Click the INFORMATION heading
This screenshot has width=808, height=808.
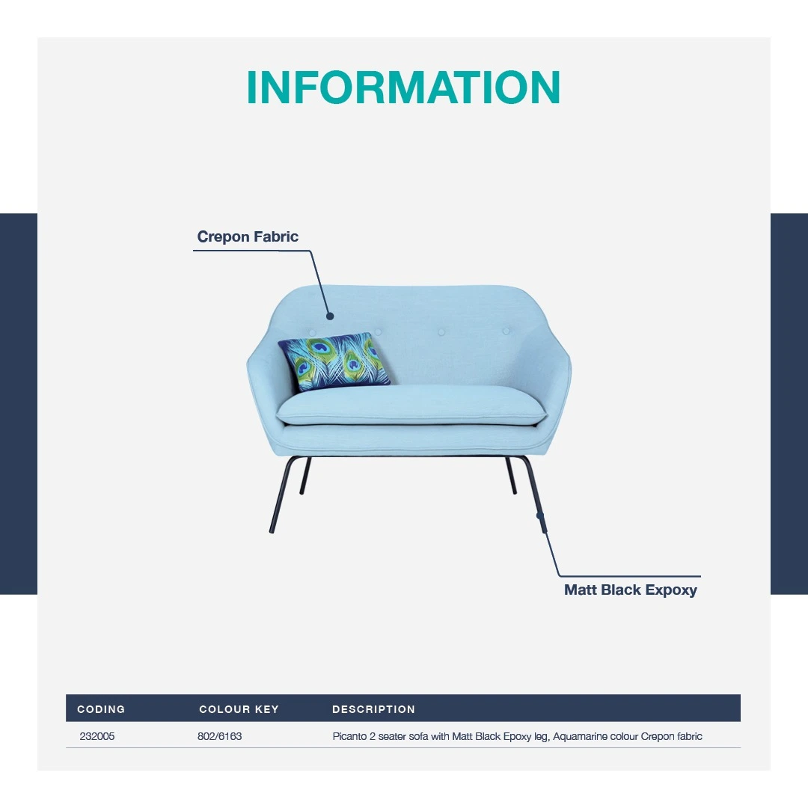pyautogui.click(x=403, y=87)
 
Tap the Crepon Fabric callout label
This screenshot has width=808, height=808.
pyautogui.click(x=248, y=236)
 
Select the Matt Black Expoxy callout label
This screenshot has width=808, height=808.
pyautogui.click(x=630, y=590)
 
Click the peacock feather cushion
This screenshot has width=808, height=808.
pyautogui.click(x=334, y=361)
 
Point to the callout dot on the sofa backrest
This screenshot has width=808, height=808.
pyautogui.click(x=330, y=316)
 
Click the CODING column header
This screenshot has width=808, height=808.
pyautogui.click(x=101, y=709)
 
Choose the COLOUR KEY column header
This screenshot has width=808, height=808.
pyautogui.click(x=239, y=709)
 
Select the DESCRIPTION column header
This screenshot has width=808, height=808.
pyautogui.click(x=373, y=709)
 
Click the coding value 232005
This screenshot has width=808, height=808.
pyautogui.click(x=97, y=736)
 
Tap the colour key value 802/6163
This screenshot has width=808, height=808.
pyautogui.click(x=219, y=736)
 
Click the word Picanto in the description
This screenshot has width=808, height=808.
pyautogui.click(x=349, y=736)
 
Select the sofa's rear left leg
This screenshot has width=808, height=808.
pyautogui.click(x=305, y=476)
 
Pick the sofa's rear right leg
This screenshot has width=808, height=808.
pyautogui.click(x=511, y=476)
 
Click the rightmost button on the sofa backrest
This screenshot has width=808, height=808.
pyautogui.click(x=506, y=331)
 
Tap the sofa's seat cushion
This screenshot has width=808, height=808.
pyautogui.click(x=411, y=405)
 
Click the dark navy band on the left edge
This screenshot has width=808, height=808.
pyautogui.click(x=19, y=403)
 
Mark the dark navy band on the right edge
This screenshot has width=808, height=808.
pyautogui.click(x=789, y=403)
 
